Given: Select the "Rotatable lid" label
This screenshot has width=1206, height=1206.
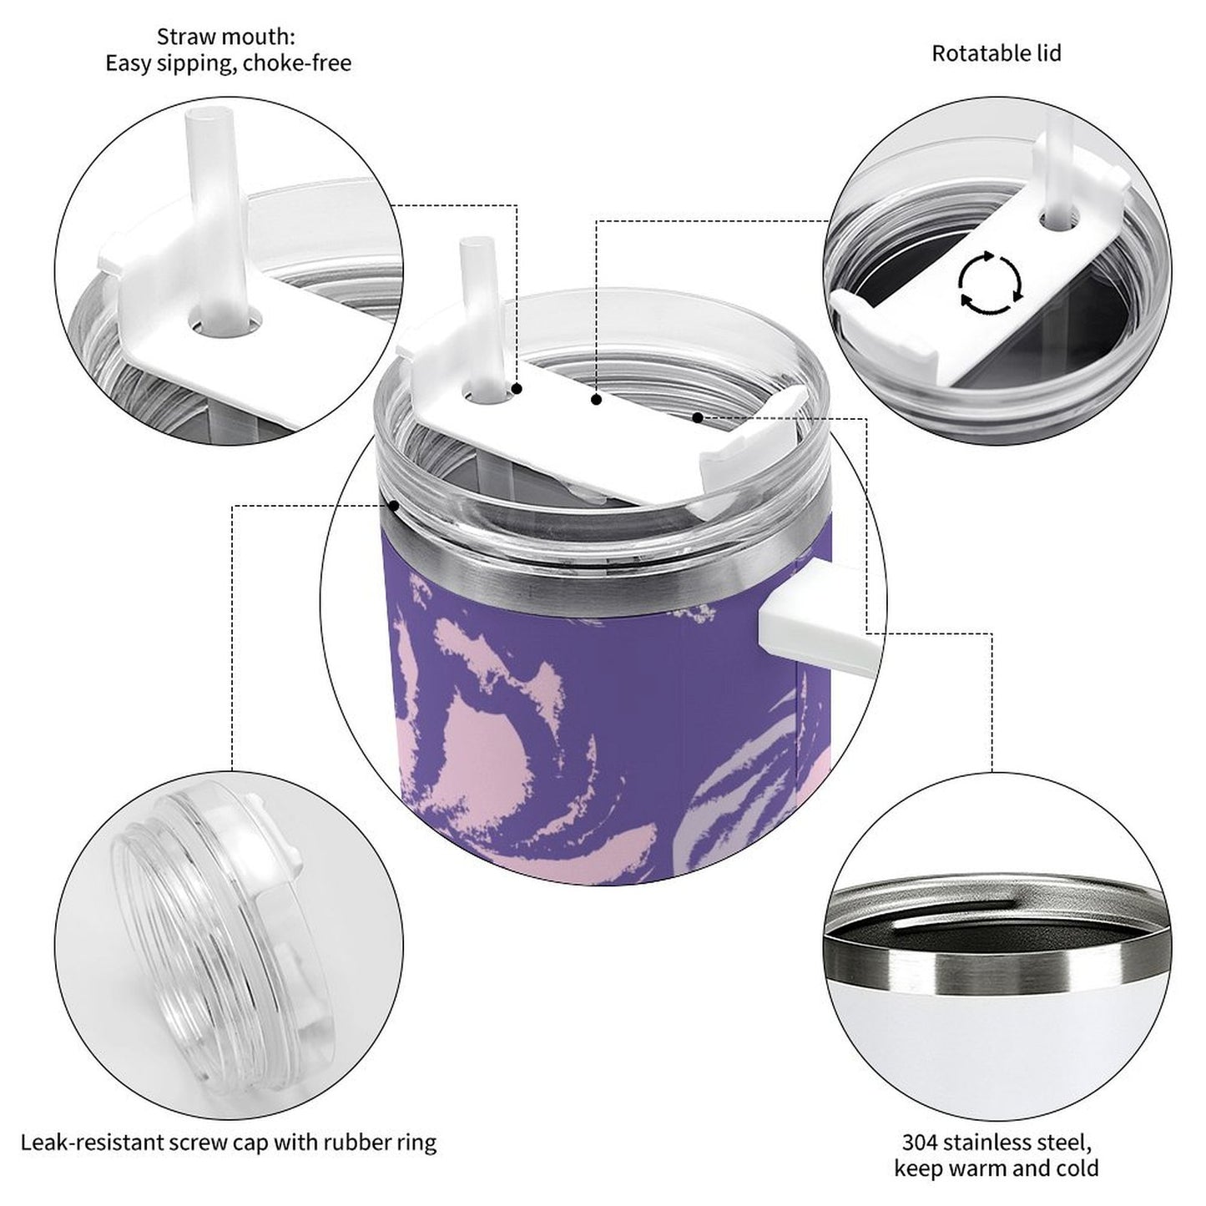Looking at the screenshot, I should tap(996, 53).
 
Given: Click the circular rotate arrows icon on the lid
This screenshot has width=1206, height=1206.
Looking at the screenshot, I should tap(989, 283).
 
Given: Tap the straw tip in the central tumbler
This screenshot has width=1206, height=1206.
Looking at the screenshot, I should tap(472, 247).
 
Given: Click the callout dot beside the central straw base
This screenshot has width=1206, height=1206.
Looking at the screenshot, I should tap(517, 389).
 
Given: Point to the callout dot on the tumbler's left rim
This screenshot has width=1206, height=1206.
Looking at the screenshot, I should tap(393, 505).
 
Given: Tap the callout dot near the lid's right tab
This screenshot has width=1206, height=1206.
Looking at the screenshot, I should tap(697, 416).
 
